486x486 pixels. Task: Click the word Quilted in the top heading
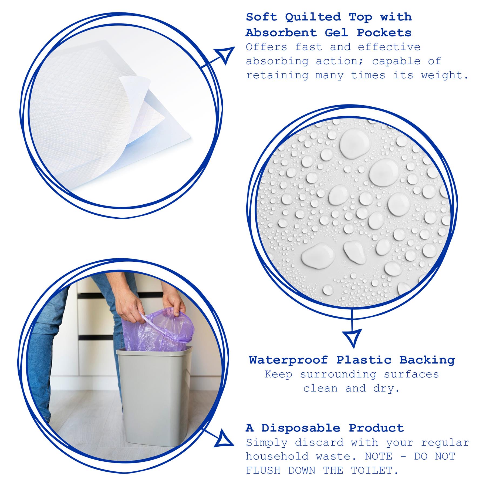tap(313, 17)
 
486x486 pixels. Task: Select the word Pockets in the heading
tap(384, 33)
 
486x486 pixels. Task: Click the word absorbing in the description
tap(277, 61)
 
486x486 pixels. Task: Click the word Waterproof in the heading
tap(288, 360)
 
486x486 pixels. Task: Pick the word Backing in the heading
tap(427, 360)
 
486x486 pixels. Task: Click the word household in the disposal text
tap(277, 457)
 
